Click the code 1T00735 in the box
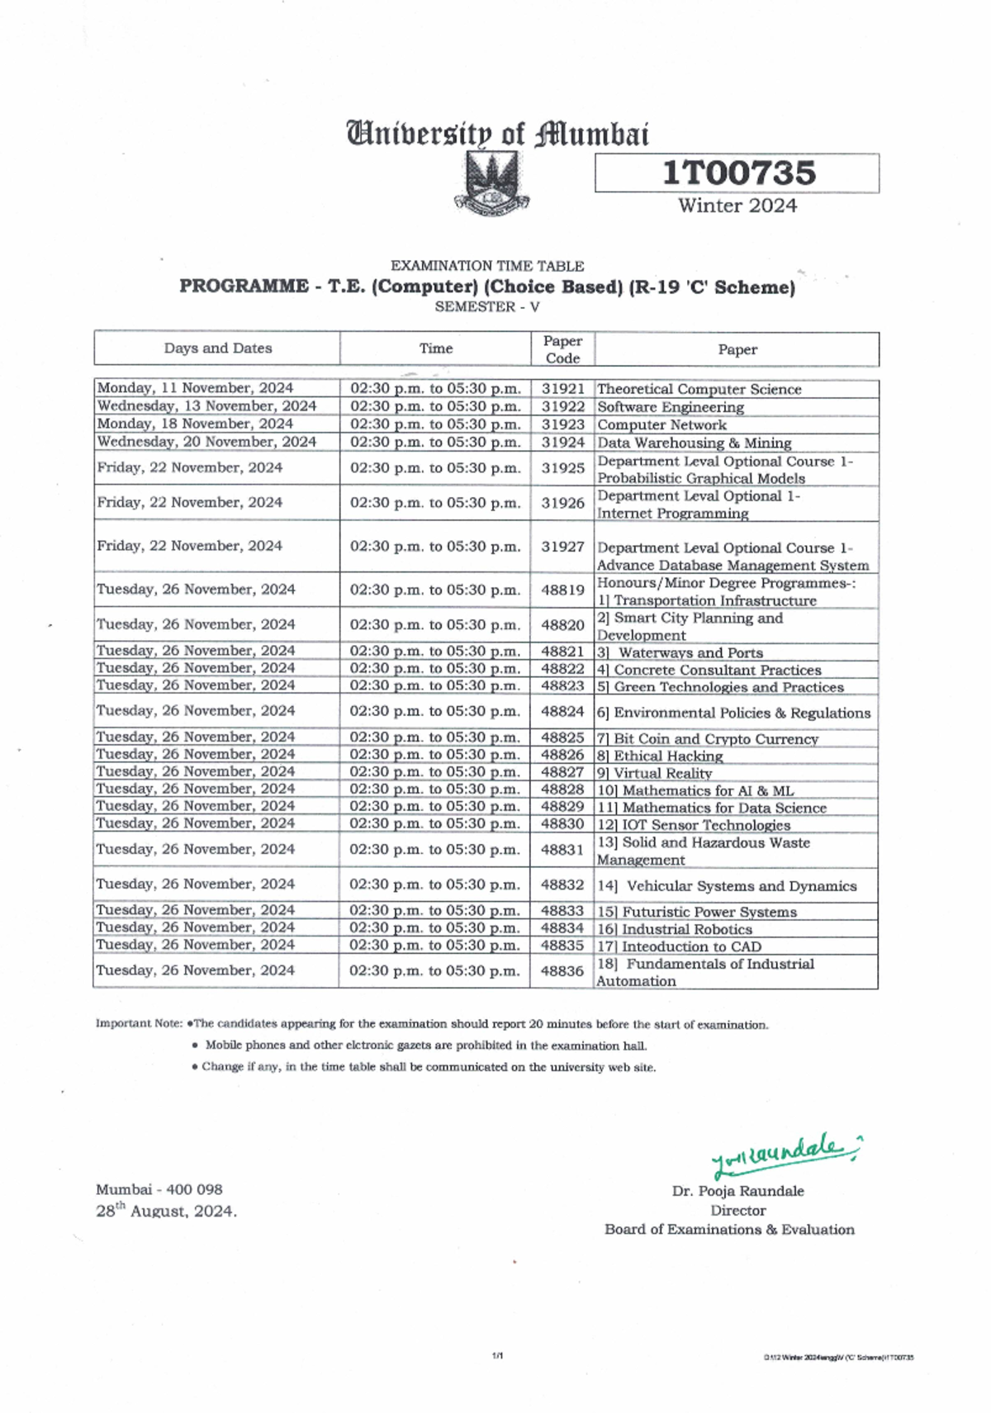[x=738, y=173]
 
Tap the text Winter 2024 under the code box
[x=737, y=206]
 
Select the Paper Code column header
[x=562, y=349]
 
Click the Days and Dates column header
[x=217, y=349]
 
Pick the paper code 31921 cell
[x=562, y=388]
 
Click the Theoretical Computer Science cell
[x=699, y=389]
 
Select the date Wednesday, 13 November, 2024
[x=206, y=406]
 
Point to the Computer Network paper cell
[x=661, y=424]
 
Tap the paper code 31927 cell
[x=562, y=547]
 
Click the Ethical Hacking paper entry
[x=667, y=756]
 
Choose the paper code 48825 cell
[x=562, y=737]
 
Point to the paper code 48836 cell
[x=562, y=971]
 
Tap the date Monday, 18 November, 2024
[x=195, y=424]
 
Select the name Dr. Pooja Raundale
[x=737, y=1191]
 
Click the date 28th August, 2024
[x=166, y=1211]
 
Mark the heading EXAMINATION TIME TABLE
[x=487, y=266]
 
